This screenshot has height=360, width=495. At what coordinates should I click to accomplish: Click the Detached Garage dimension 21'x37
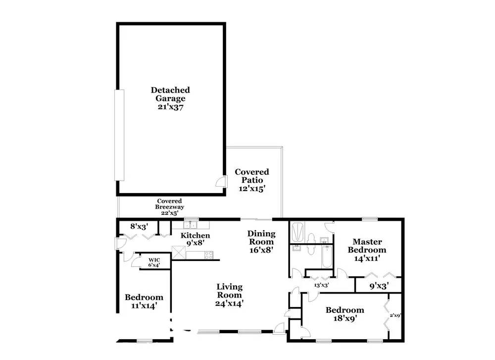pos(170,107)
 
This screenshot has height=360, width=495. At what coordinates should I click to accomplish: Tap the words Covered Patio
pos(252,176)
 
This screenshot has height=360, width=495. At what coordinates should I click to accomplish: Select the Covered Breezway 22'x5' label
pos(169,207)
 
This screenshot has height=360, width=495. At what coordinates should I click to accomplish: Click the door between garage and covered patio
pos(221,182)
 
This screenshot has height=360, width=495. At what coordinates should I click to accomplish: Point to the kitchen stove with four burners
pos(209,255)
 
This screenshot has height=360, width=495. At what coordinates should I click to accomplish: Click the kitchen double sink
pos(191,225)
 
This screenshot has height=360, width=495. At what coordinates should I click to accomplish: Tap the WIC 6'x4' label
pos(154,263)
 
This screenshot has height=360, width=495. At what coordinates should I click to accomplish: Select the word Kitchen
pos(195,236)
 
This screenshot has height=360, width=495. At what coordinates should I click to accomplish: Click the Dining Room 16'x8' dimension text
pos(261,250)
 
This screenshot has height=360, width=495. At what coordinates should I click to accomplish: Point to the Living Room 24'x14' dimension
pos(229,304)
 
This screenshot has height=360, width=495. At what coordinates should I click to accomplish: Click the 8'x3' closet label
pos(139,226)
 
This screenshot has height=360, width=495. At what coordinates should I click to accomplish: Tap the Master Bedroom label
pos(367,246)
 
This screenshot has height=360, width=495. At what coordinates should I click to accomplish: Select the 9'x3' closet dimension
pos(379,286)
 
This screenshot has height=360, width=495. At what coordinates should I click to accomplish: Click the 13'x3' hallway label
pos(321,285)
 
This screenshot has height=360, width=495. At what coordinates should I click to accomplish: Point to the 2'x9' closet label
pos(396,315)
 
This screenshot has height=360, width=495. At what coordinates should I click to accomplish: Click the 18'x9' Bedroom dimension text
pos(345,318)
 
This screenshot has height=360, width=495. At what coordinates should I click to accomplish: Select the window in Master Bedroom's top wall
pos(370,219)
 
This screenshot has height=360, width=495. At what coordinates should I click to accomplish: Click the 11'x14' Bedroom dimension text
pos(144,306)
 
